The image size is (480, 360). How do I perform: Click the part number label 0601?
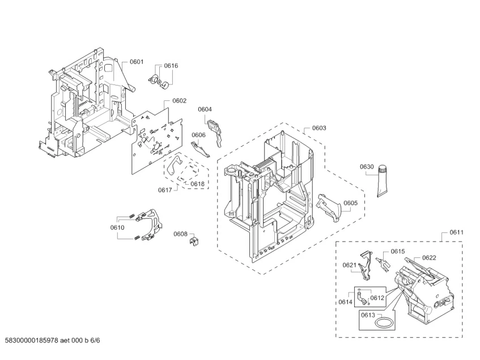pos(137,61)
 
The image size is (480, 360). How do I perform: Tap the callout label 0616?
pos(171,66)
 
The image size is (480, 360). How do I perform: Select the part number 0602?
pos(180,100)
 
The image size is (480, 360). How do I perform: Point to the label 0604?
pos(205,109)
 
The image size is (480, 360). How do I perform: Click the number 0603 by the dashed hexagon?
pos(319,128)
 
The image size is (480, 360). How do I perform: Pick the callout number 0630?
pos(367,167)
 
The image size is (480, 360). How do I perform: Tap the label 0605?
pos(350,203)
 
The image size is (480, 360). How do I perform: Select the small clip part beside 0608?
pos(194,241)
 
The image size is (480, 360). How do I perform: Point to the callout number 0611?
pos(457,232)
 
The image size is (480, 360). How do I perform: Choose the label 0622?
pos(429,257)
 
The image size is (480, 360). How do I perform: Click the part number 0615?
pos(398,251)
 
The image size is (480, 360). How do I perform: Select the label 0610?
pos(117,227)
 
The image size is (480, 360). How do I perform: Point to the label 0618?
pos(197,184)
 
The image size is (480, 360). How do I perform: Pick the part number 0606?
pos(198,135)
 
